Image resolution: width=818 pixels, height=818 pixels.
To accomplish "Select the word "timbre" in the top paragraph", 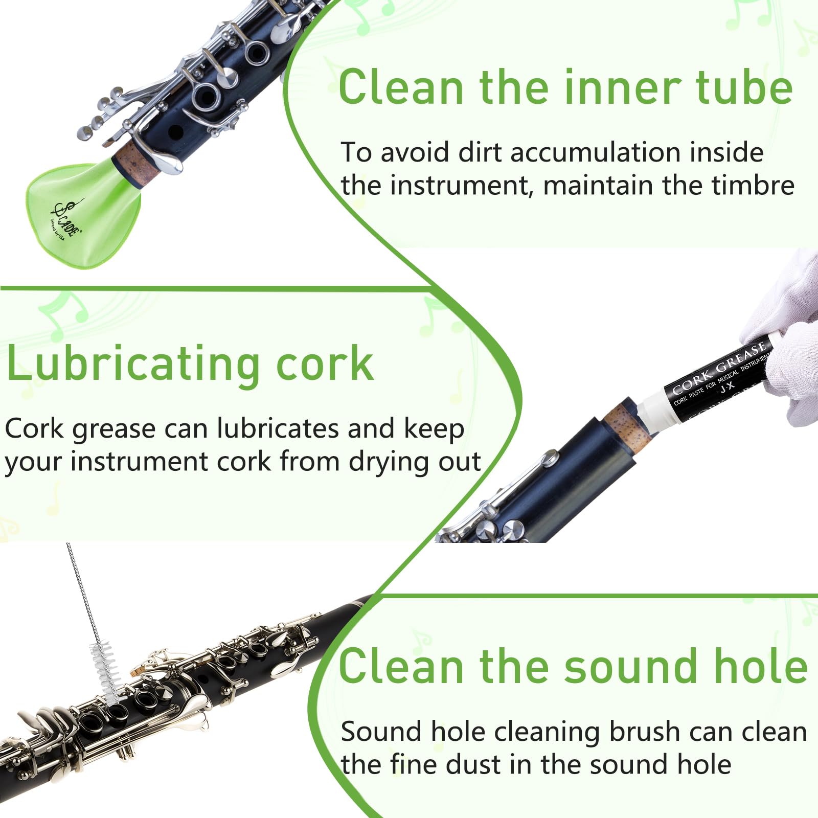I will [753, 185].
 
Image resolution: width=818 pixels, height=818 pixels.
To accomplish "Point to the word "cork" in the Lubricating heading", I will [325, 363].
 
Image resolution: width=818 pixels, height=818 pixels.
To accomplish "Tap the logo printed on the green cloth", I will [65, 219].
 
